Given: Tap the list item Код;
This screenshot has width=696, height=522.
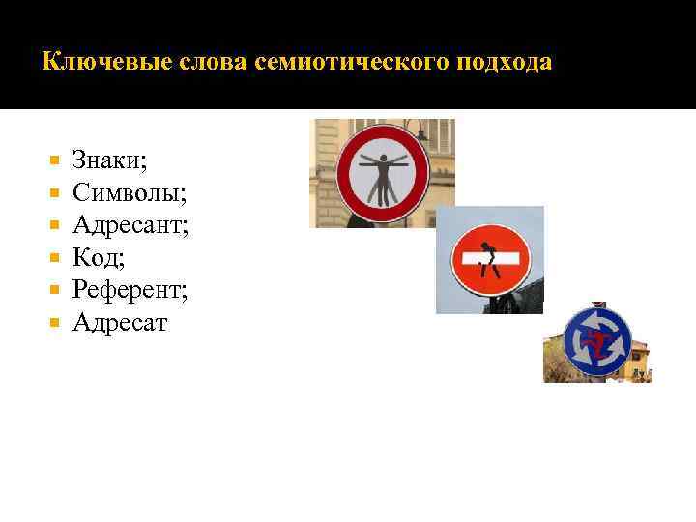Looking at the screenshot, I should coord(100,258).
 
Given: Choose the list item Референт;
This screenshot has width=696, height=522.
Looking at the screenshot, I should coord(130,290).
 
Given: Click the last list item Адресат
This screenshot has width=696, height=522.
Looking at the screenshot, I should coord(120,323).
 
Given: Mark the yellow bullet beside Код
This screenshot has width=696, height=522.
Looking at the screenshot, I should coord(54,258).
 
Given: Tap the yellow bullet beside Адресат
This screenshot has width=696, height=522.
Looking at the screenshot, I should coord(54,323).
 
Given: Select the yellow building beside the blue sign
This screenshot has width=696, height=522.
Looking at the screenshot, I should coord(638,362).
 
